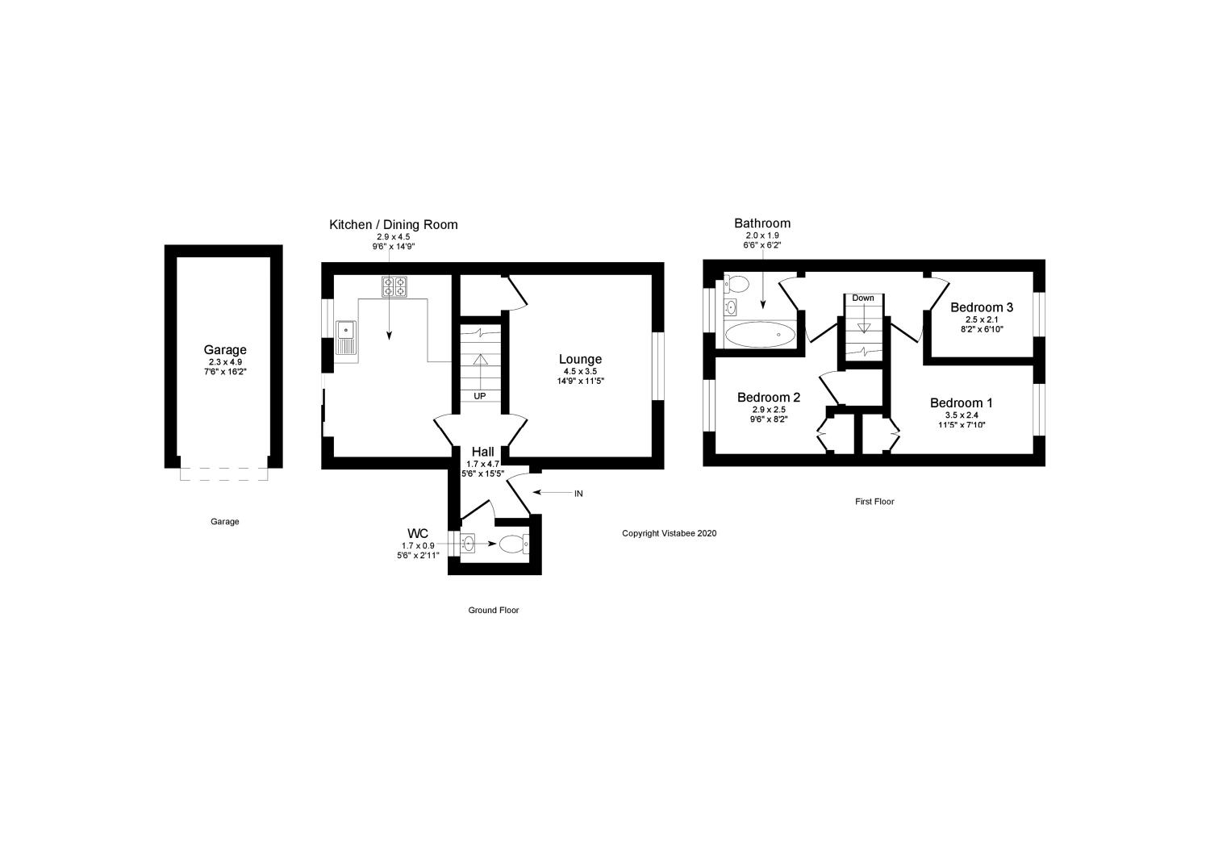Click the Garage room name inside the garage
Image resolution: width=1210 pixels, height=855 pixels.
pos(224,350)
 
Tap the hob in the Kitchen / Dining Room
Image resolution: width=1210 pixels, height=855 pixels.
pos(394,286)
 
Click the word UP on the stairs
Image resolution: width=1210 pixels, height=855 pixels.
pos(480,396)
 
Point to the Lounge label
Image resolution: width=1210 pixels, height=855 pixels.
pos(580,359)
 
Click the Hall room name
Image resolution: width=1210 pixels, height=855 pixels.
pos(482,452)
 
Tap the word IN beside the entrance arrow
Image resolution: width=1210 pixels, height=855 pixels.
pos(578,493)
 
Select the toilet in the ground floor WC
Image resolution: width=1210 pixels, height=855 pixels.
pos(512,544)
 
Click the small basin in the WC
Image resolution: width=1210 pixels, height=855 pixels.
pos(469,544)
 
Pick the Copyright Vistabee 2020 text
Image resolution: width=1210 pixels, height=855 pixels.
pos(669,533)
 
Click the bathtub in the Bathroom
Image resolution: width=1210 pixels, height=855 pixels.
pos(760,334)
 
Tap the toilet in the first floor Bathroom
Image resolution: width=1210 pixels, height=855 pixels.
pos(736,284)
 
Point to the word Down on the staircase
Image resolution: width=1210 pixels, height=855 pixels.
pos(862,298)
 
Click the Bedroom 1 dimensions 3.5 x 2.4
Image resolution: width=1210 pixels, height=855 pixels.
pos(961,415)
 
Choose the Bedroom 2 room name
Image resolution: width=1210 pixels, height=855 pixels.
pos(768,398)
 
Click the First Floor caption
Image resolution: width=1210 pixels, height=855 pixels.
pos(874,502)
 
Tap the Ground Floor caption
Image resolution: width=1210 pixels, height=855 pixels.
pos(494,611)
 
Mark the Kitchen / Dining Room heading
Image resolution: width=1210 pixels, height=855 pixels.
pos(393,224)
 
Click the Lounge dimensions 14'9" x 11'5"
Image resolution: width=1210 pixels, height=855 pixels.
pos(580,381)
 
